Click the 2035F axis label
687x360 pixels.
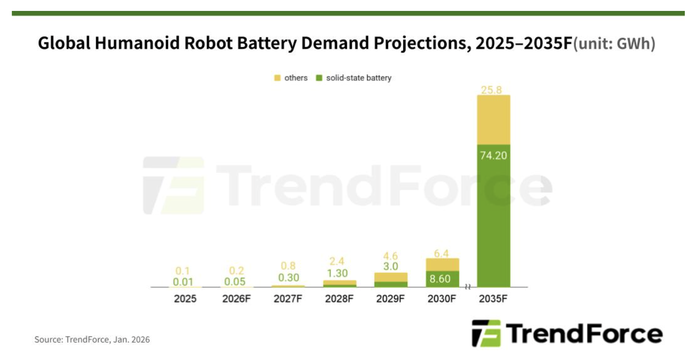(493, 299)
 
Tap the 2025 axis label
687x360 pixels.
(185, 299)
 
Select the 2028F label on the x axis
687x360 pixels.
(339, 299)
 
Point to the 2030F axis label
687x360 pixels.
(441, 299)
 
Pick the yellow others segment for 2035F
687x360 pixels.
(493, 120)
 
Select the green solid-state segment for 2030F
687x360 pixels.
(442, 279)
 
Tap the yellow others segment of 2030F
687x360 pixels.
(442, 264)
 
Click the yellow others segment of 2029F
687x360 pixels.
(391, 277)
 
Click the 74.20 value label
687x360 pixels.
(493, 156)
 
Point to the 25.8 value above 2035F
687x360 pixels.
(491, 90)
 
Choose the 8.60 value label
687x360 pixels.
(440, 279)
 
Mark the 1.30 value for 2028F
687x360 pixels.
(337, 273)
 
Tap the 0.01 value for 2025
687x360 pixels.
(183, 282)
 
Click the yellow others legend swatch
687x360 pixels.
(277, 78)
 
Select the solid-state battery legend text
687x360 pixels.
(359, 78)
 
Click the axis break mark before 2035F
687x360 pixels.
(468, 287)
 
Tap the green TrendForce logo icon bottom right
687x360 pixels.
(486, 333)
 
